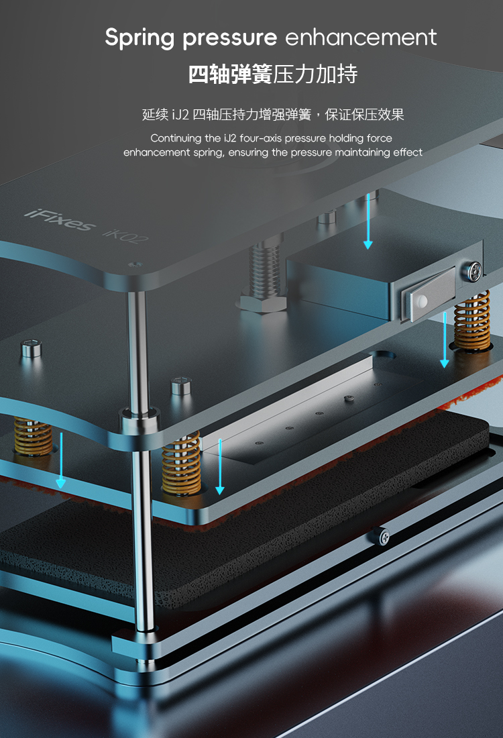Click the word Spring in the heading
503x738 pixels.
(x=139, y=38)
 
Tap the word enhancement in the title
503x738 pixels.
(x=361, y=37)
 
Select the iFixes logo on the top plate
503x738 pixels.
(x=59, y=220)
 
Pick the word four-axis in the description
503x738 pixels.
(x=260, y=138)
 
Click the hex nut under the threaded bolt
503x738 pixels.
(x=263, y=301)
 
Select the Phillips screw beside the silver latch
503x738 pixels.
(x=471, y=270)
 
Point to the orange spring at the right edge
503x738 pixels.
(x=472, y=321)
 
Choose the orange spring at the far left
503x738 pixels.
(x=33, y=437)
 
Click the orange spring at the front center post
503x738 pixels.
(x=181, y=464)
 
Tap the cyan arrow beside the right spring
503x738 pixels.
(x=444, y=339)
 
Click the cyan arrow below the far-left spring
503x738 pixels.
(x=61, y=460)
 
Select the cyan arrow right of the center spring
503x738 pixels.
(x=220, y=466)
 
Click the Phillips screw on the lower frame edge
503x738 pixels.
(x=381, y=536)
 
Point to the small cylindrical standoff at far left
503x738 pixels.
(x=32, y=349)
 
